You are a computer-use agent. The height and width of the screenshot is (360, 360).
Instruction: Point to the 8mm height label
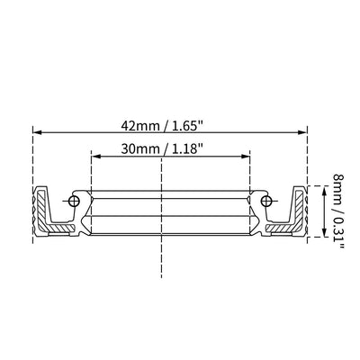coord(338,189)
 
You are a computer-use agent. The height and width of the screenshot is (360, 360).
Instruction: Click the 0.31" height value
coord(338,233)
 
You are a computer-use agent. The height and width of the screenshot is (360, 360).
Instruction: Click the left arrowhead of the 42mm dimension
coord(37,132)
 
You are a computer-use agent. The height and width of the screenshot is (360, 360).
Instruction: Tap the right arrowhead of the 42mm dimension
coord(302,132)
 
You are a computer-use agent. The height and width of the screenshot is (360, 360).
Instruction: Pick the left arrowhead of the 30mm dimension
coord(95,156)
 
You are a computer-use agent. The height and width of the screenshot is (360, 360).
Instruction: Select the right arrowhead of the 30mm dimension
coord(246,156)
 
